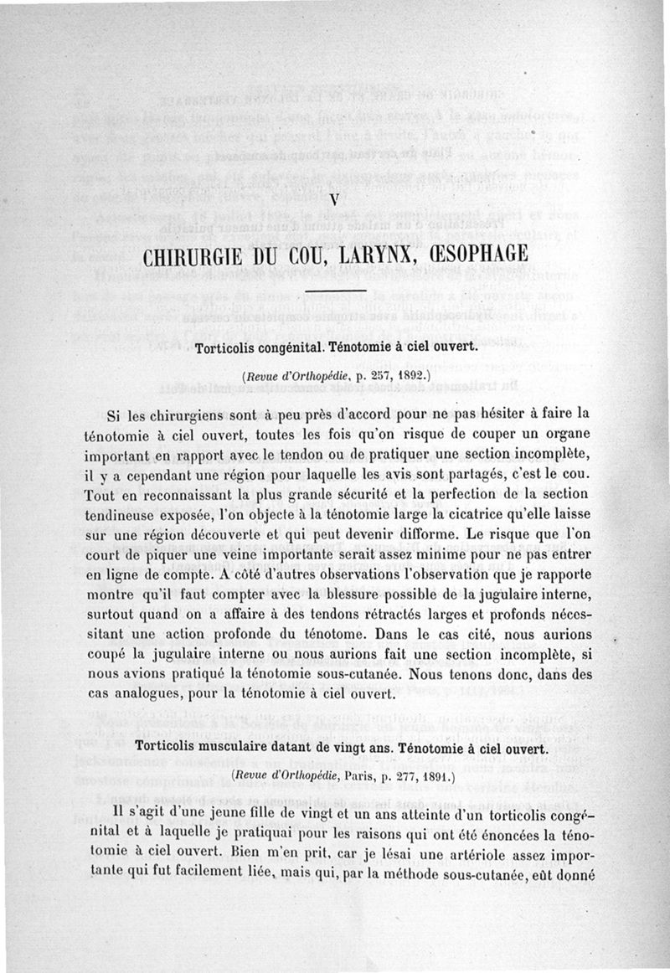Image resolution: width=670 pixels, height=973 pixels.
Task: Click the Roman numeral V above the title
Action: (334, 200)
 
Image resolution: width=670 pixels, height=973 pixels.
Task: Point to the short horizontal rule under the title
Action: (335, 290)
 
